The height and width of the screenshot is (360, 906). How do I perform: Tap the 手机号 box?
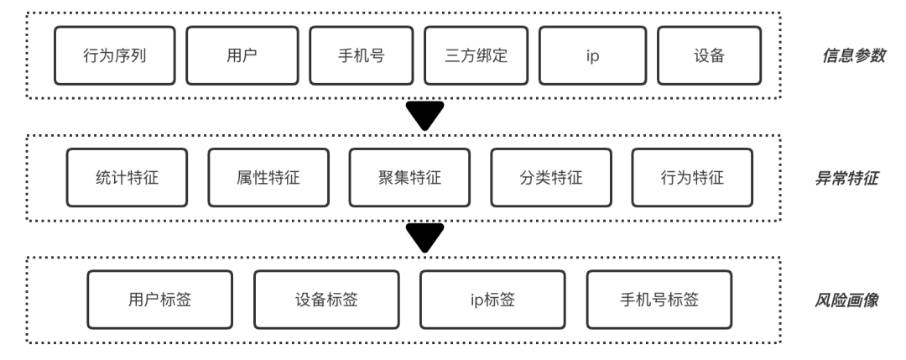(x=361, y=56)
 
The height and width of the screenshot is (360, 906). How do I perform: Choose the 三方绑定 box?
(x=476, y=56)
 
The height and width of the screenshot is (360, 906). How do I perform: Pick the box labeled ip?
(x=591, y=56)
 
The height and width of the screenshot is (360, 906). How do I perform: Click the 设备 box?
(x=709, y=56)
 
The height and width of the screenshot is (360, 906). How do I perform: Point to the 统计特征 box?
(x=128, y=178)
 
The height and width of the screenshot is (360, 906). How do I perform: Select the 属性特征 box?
(x=268, y=178)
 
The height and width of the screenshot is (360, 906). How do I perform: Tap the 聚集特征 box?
(x=410, y=178)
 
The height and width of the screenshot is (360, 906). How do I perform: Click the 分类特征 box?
(x=551, y=178)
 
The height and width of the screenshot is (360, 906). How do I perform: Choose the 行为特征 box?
(x=692, y=178)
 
